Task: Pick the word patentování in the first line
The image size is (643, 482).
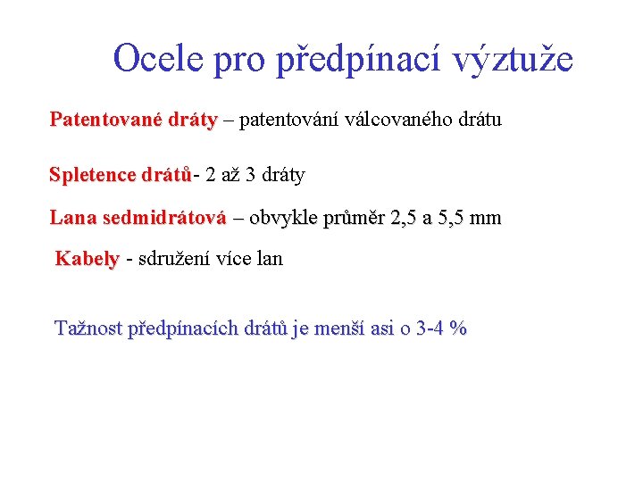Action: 293,120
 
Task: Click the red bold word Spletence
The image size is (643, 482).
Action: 92,175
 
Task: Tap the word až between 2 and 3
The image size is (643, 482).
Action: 230,175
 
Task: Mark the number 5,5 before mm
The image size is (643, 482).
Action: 448,218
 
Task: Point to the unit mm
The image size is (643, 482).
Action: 486,218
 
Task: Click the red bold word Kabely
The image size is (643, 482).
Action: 87,260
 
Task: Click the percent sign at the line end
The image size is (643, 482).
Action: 459,328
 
